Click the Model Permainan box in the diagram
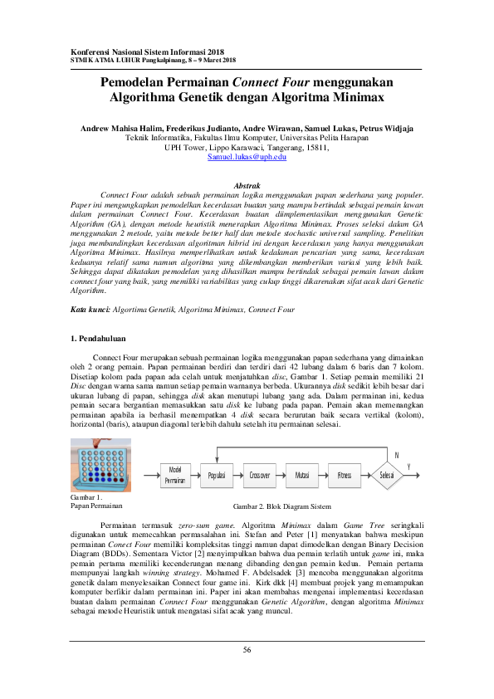click(175, 475)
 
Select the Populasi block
click(218, 475)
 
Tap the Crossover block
click(261, 475)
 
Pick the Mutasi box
click(302, 475)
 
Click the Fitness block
click(345, 475)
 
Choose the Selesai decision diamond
click(387, 475)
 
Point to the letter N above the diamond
click(397, 456)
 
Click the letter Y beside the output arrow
click(408, 467)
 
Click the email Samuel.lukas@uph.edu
click(247, 156)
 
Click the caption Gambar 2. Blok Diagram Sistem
click(282, 506)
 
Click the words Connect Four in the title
click(271, 82)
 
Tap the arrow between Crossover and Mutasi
click(281, 475)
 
